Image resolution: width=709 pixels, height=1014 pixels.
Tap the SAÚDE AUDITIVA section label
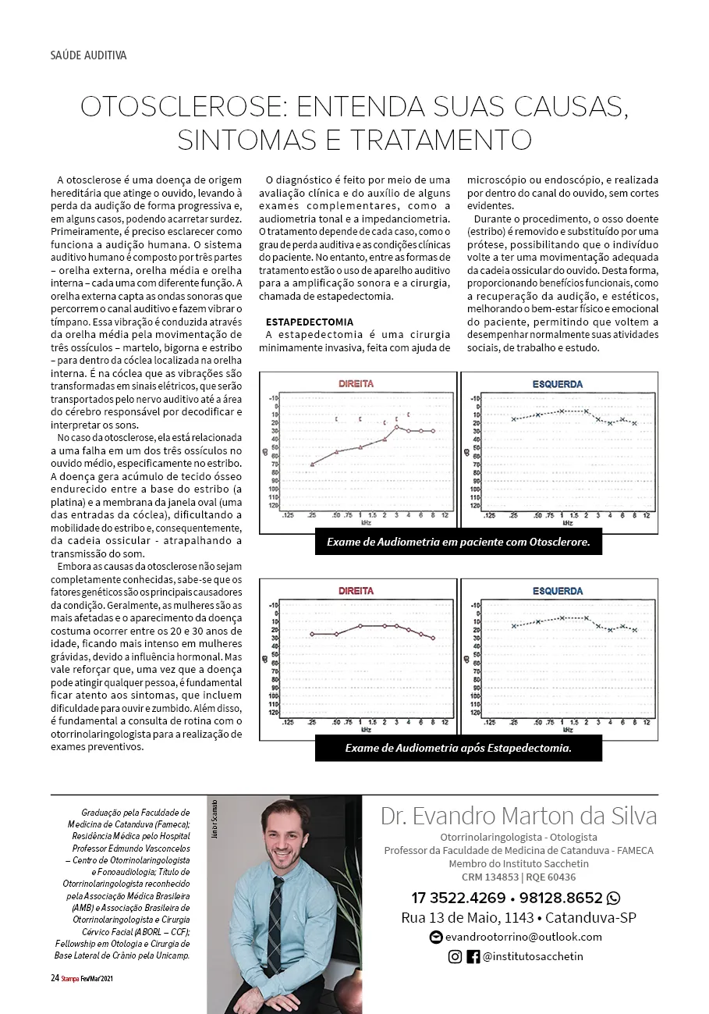[x=88, y=55]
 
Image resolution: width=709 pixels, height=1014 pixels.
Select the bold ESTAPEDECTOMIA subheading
[x=310, y=322]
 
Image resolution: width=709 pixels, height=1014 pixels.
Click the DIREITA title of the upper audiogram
[x=356, y=384]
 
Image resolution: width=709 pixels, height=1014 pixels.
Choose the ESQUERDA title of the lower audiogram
[x=557, y=591]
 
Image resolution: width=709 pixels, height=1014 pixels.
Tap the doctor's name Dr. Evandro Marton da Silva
[x=519, y=817]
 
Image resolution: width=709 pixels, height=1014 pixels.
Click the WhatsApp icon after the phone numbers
[x=614, y=897]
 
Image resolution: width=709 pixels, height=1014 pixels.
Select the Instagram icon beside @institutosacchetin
[x=455, y=956]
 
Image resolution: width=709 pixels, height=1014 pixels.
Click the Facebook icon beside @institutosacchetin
[x=473, y=956]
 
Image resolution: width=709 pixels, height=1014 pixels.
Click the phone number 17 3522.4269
[x=459, y=898]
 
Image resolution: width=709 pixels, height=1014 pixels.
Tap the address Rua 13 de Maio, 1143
[x=468, y=917]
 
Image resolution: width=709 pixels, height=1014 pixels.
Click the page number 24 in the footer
[x=55, y=978]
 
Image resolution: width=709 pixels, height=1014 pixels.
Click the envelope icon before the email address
[x=436, y=937]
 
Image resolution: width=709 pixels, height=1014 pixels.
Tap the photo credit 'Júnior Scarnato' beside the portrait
[x=213, y=821]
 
